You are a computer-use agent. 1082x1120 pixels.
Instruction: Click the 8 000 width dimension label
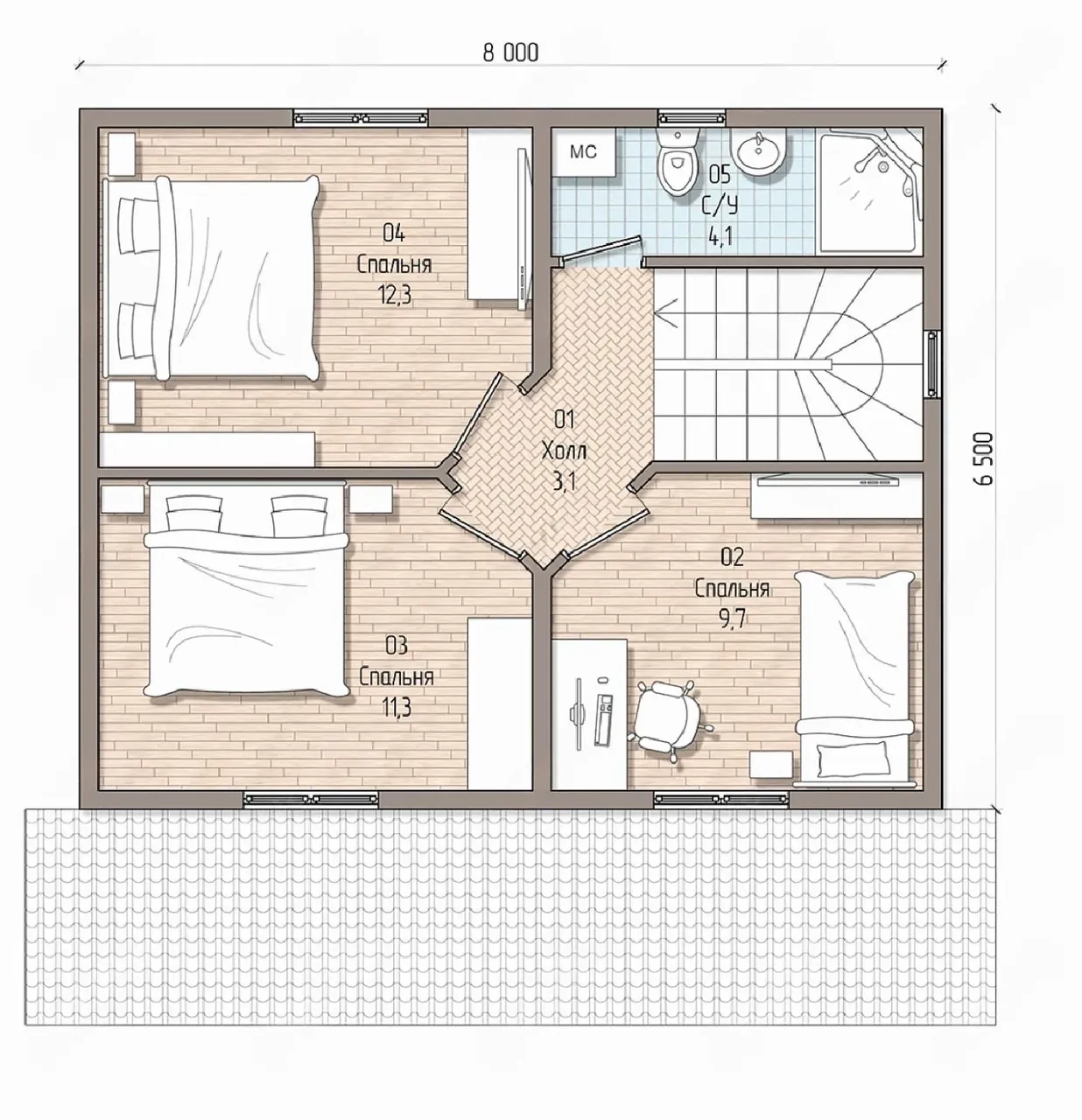[x=510, y=53]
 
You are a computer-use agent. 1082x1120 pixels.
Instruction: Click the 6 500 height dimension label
[x=984, y=458]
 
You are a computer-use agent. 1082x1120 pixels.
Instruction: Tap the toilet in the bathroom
[x=678, y=161]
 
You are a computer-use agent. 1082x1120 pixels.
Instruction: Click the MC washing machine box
[x=583, y=152]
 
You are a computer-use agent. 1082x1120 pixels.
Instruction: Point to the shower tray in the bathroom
[x=869, y=189]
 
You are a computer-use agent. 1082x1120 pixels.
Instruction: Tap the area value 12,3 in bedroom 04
[x=395, y=295]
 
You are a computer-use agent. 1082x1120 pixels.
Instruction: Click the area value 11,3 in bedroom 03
[x=396, y=707]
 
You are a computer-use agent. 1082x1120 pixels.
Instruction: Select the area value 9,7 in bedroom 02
[x=732, y=619]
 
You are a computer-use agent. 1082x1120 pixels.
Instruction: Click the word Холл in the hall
[x=564, y=451]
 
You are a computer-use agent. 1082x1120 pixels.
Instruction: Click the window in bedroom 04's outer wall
[x=361, y=118]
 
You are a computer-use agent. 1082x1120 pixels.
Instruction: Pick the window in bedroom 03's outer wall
[x=311, y=800]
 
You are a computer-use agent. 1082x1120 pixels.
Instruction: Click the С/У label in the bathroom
[x=720, y=205]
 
